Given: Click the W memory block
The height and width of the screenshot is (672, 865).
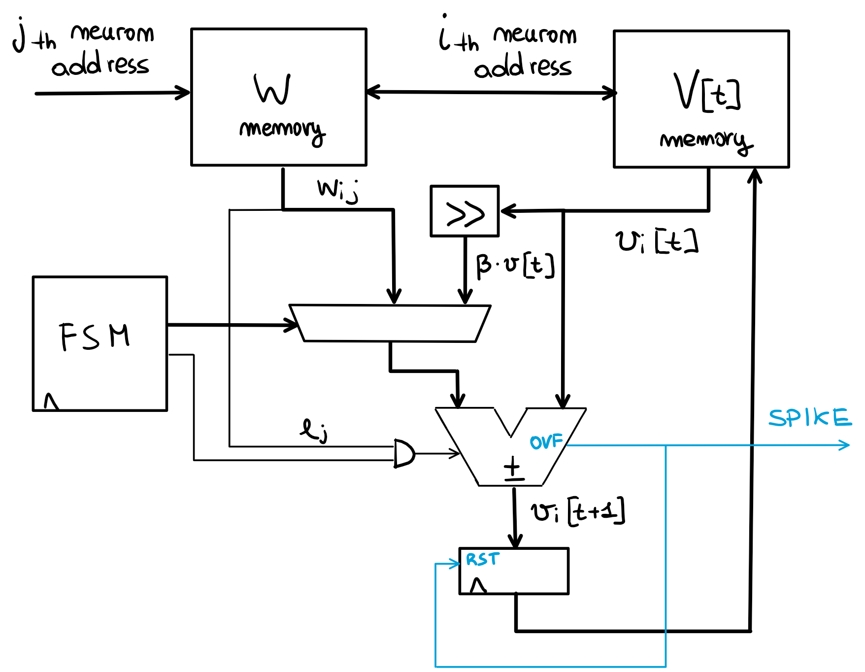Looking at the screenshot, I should point(278,97).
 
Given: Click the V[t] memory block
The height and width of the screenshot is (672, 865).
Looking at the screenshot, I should point(700,99).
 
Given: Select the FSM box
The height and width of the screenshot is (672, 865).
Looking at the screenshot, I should point(100,343).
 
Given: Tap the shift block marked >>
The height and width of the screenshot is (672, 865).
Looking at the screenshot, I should point(465,211).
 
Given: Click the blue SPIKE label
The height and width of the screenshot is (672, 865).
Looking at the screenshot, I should point(809,418).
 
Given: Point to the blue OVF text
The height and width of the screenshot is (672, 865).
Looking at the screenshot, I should point(546,441).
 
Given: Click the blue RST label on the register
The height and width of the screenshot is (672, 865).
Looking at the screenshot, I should point(482,559).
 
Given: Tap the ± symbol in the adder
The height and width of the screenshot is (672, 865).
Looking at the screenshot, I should point(513,468).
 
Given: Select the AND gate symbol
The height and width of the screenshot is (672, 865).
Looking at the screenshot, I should point(404,453).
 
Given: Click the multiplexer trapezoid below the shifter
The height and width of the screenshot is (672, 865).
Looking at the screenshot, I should point(389,323).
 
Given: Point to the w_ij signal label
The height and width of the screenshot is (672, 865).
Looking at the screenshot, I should point(337,190).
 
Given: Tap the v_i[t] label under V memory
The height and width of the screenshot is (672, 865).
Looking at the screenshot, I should point(656,241).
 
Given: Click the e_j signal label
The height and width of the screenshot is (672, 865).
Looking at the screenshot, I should point(314,430).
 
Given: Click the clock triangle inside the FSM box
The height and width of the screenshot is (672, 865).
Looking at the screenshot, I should point(51,402).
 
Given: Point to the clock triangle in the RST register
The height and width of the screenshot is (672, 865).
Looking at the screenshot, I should point(478,585).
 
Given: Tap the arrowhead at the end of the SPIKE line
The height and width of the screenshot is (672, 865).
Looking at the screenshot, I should point(845,445).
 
